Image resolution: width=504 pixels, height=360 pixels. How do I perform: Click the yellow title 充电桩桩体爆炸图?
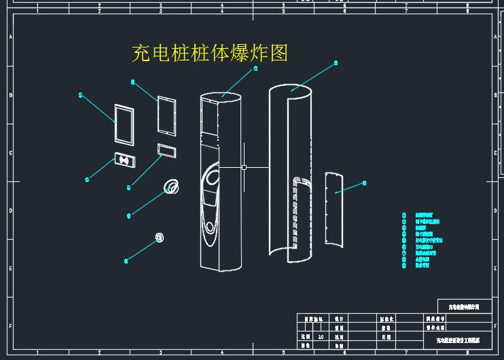point(210,53)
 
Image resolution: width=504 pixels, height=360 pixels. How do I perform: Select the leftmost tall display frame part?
point(124,124)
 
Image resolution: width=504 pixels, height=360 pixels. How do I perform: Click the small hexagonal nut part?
point(160,237)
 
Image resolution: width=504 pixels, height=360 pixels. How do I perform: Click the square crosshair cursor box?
point(244,167)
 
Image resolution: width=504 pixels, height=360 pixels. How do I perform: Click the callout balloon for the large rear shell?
point(336,62)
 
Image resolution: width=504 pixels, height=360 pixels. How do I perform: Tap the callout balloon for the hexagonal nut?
point(126,260)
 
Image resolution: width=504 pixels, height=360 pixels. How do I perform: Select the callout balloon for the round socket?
point(129,216)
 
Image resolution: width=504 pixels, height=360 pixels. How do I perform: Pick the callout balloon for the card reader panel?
point(88,180)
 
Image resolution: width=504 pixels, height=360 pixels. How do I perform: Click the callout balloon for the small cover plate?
point(365,182)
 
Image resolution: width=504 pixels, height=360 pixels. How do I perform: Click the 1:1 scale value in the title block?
point(321,336)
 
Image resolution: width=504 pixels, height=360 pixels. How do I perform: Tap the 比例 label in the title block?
point(304,336)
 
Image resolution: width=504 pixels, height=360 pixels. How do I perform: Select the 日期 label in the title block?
point(386,336)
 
